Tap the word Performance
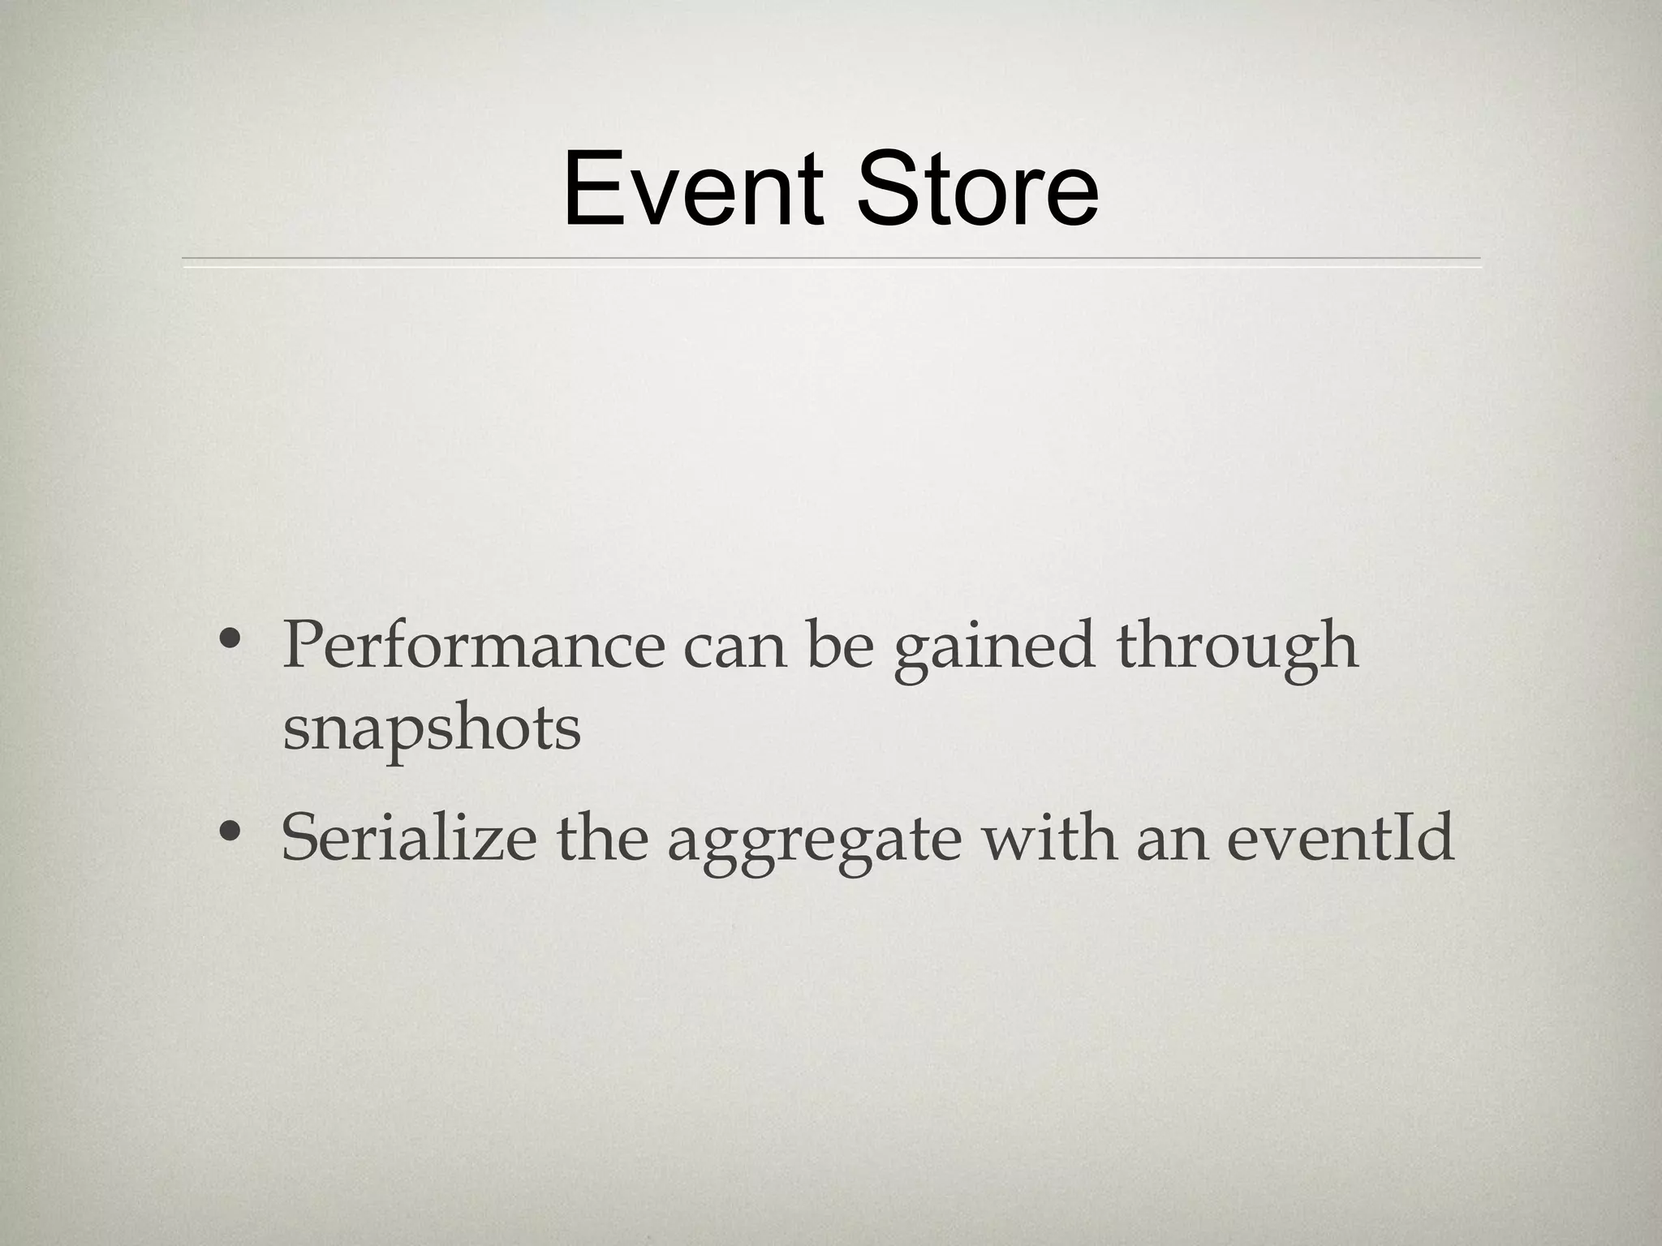coord(473,646)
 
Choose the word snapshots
coord(432,730)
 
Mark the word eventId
coord(1340,838)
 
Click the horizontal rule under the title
coord(831,260)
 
